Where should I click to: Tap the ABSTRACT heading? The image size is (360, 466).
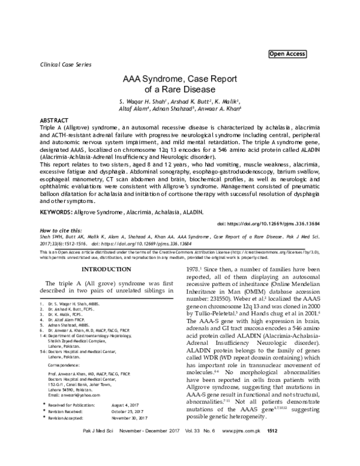(x=53, y=120)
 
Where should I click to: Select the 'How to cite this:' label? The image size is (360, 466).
(x=59, y=231)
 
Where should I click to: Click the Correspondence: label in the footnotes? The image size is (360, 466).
(x=67, y=364)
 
